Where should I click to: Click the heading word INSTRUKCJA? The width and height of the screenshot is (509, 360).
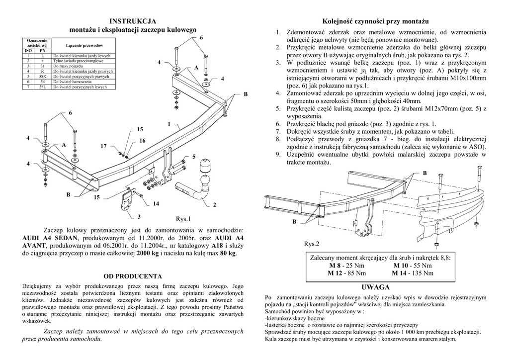[133, 21]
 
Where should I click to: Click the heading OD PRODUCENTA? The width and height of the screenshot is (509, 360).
[133, 275]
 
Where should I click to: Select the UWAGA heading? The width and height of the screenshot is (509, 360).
[376, 288]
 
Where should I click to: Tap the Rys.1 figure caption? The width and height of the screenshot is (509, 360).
[183, 218]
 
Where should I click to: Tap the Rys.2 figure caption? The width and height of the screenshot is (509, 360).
[312, 244]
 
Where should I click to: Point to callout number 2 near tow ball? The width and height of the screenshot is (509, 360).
[215, 205]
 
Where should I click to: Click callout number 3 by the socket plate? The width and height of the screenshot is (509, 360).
[139, 216]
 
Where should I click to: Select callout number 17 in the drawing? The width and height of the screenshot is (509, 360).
[103, 146]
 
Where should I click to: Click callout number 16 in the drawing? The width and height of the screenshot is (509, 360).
[142, 141]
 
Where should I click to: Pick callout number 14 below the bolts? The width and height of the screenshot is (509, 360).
[156, 204]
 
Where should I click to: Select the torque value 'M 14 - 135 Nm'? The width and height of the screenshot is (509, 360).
[413, 273]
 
